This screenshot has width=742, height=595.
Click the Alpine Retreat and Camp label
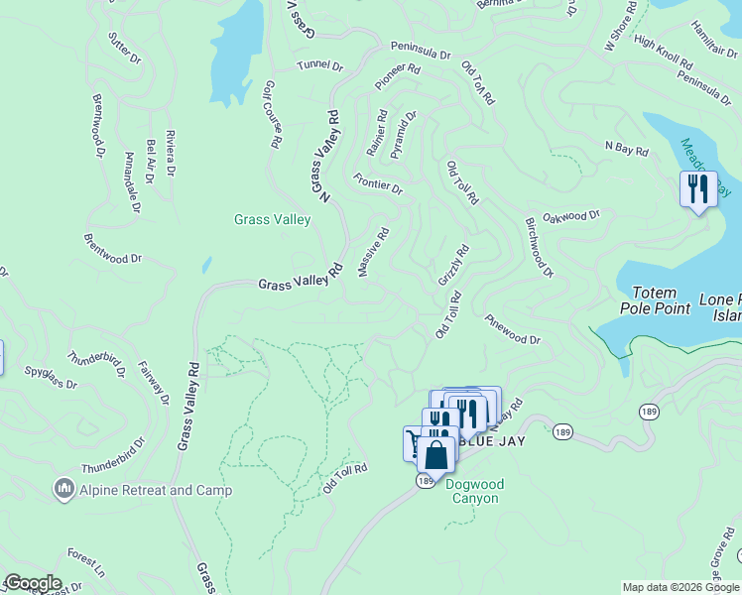[x=157, y=490]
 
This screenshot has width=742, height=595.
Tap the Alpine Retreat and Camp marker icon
[x=65, y=489]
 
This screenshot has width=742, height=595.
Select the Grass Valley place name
[x=272, y=220]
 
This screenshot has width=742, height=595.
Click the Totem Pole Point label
[x=655, y=300]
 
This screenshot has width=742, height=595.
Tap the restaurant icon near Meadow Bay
[x=698, y=187]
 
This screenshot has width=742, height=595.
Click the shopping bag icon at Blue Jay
[x=435, y=455]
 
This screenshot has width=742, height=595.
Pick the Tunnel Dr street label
[x=319, y=66]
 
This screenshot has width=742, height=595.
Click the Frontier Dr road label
[x=378, y=182]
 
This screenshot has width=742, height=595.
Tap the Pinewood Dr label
[x=513, y=329]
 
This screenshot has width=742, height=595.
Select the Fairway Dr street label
[x=154, y=383]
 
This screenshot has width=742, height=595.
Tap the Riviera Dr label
[x=171, y=153]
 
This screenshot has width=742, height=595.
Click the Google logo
[x=33, y=583]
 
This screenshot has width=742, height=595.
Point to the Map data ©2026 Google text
[x=680, y=587]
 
